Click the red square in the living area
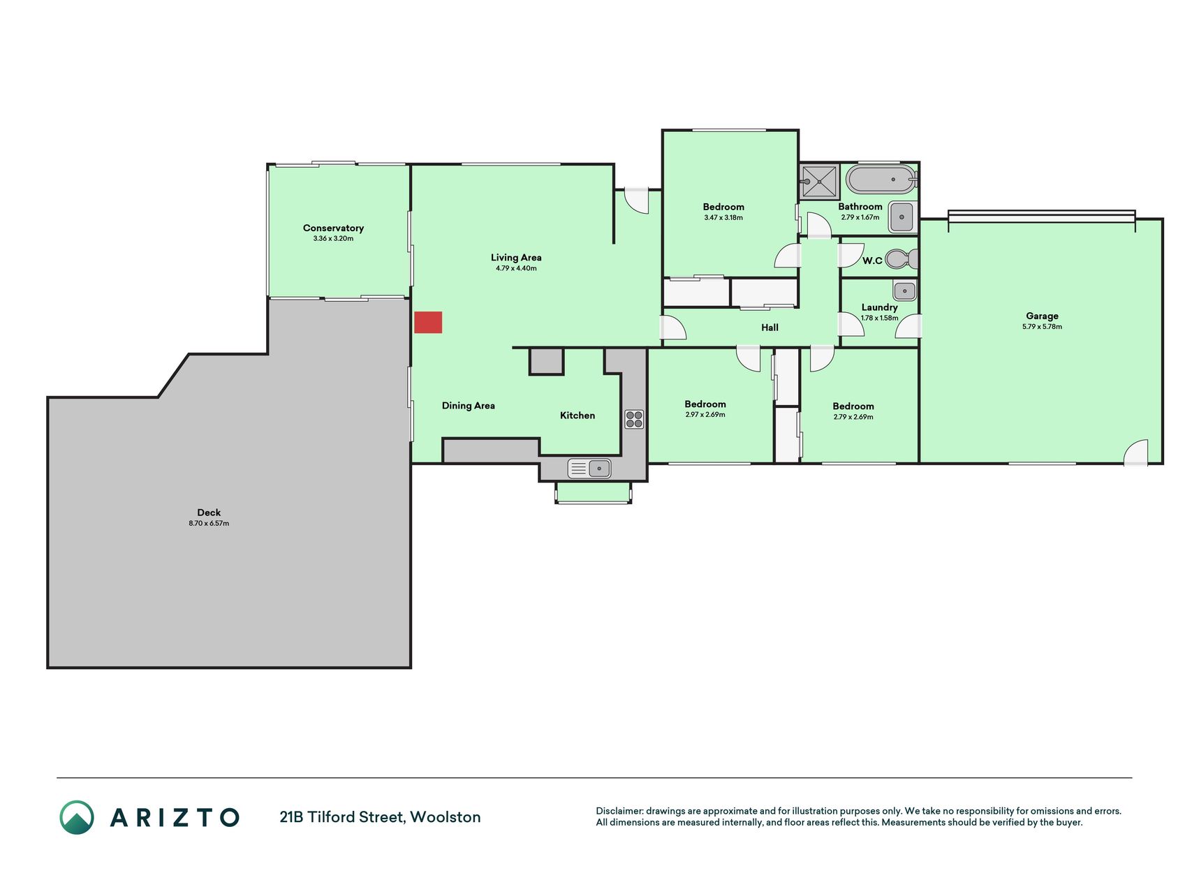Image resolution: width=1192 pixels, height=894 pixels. click(x=428, y=322)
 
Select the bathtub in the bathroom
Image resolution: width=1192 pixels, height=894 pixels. click(x=880, y=179)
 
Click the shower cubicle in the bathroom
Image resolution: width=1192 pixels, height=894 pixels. click(x=820, y=182)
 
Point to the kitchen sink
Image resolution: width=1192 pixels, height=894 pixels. click(x=590, y=468)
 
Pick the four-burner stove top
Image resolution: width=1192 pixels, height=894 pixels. click(x=634, y=419)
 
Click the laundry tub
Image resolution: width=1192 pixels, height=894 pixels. click(x=904, y=290)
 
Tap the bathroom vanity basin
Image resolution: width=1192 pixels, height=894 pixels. click(x=903, y=217)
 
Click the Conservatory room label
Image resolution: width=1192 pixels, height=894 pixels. click(x=333, y=228)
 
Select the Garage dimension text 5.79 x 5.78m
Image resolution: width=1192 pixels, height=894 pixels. click(x=1042, y=327)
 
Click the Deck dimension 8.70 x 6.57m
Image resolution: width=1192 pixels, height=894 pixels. click(x=209, y=523)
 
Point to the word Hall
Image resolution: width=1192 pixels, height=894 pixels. click(x=770, y=328)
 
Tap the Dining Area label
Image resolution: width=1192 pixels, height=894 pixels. click(x=468, y=406)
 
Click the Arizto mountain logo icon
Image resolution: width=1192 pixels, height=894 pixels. click(x=77, y=817)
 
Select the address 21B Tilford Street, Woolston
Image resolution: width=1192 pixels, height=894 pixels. click(x=380, y=817)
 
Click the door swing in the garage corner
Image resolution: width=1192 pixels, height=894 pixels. click(x=1135, y=453)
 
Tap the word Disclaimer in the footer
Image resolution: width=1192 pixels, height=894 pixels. click(x=619, y=811)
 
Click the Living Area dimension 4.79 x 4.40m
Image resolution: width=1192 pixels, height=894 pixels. click(x=516, y=268)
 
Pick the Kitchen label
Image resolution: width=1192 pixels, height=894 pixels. click(x=577, y=416)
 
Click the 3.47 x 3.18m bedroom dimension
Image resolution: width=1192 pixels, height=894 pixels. click(x=723, y=218)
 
